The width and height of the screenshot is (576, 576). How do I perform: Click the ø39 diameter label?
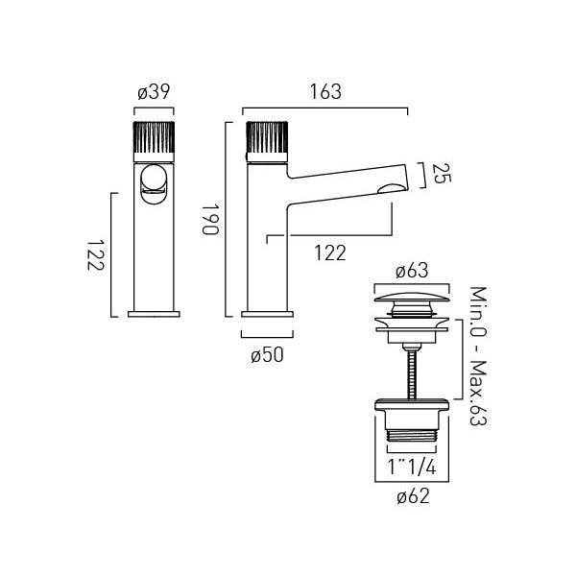pos(154,92)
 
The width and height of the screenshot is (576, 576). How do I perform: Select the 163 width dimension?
pos(325,92)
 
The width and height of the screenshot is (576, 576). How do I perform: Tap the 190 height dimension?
pos(211,219)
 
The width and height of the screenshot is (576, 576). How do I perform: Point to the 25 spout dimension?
pos(442,174)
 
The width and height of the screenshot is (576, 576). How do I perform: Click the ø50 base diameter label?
pos(267,355)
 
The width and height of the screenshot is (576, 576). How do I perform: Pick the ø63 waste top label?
pos(412,271)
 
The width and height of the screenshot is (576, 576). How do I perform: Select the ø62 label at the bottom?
pos(413,496)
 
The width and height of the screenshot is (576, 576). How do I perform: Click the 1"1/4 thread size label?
pos(412,468)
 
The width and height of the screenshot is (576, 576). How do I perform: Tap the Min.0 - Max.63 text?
pos(479,355)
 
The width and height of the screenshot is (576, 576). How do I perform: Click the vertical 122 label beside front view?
pos(95,255)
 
